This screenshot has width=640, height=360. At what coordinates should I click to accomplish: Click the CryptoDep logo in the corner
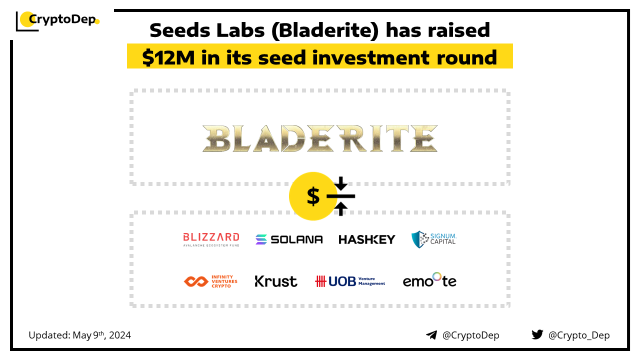click(x=57, y=20)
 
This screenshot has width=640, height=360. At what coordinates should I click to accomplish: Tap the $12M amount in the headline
click(x=168, y=57)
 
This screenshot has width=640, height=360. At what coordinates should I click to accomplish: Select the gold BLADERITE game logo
click(x=320, y=138)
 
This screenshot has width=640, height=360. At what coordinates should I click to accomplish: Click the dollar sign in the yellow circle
click(x=313, y=196)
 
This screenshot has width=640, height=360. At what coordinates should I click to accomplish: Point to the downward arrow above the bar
click(x=341, y=183)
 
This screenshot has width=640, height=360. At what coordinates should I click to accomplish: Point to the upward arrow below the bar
click(x=341, y=209)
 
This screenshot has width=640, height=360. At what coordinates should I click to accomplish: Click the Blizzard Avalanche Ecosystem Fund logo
click(x=211, y=239)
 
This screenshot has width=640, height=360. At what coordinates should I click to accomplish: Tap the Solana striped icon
click(x=261, y=239)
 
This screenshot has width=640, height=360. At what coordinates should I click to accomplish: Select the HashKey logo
click(x=367, y=239)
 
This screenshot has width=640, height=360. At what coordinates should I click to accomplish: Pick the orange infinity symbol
click(x=196, y=281)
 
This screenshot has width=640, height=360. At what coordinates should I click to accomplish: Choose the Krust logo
click(x=275, y=281)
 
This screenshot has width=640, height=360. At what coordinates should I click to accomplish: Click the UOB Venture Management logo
click(x=350, y=281)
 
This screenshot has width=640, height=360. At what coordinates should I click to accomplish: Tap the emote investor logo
click(x=429, y=280)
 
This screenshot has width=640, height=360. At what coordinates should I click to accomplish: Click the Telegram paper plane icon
click(x=431, y=335)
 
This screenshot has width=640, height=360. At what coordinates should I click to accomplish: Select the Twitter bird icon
click(x=537, y=334)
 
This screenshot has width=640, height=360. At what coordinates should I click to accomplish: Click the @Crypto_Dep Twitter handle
click(x=579, y=335)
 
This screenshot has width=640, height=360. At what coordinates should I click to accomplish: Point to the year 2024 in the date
click(x=120, y=335)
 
